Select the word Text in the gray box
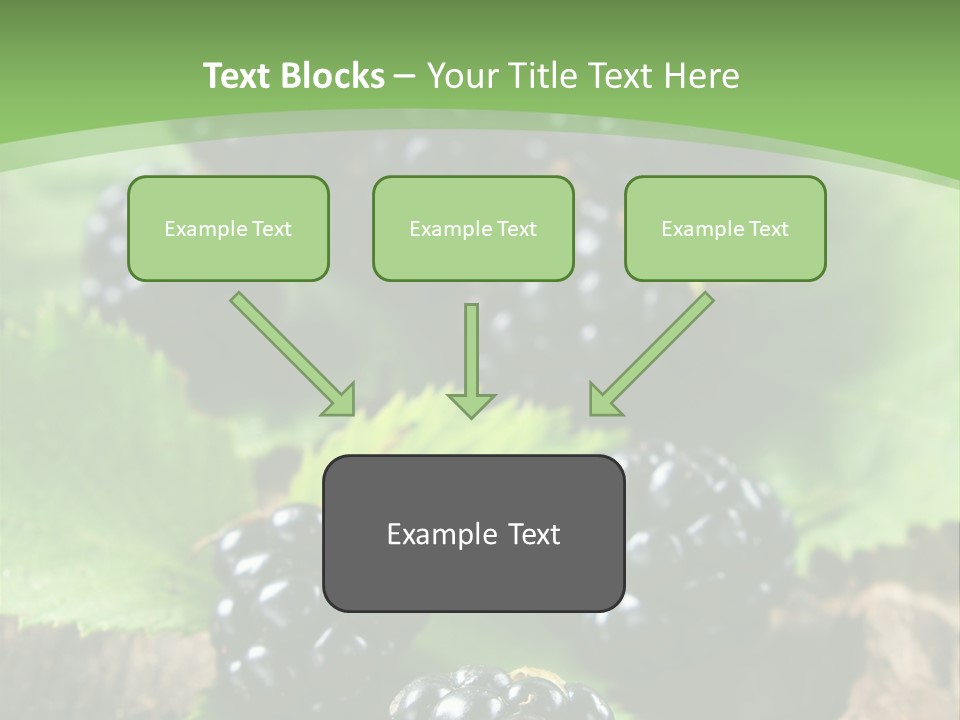(534, 534)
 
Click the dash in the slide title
(405, 77)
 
